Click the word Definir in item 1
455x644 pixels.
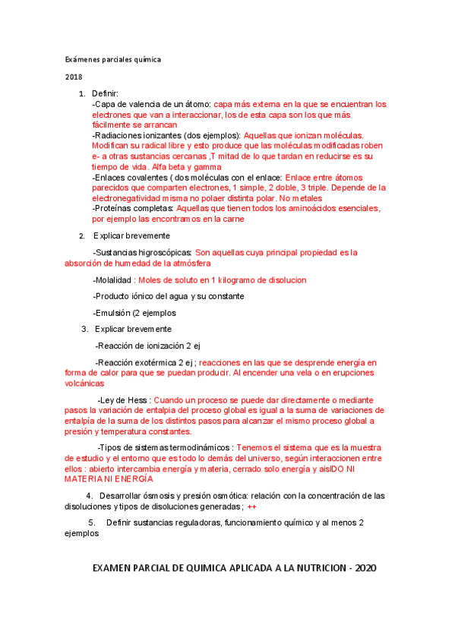(x=106, y=93)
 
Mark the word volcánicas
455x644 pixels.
(x=84, y=384)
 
